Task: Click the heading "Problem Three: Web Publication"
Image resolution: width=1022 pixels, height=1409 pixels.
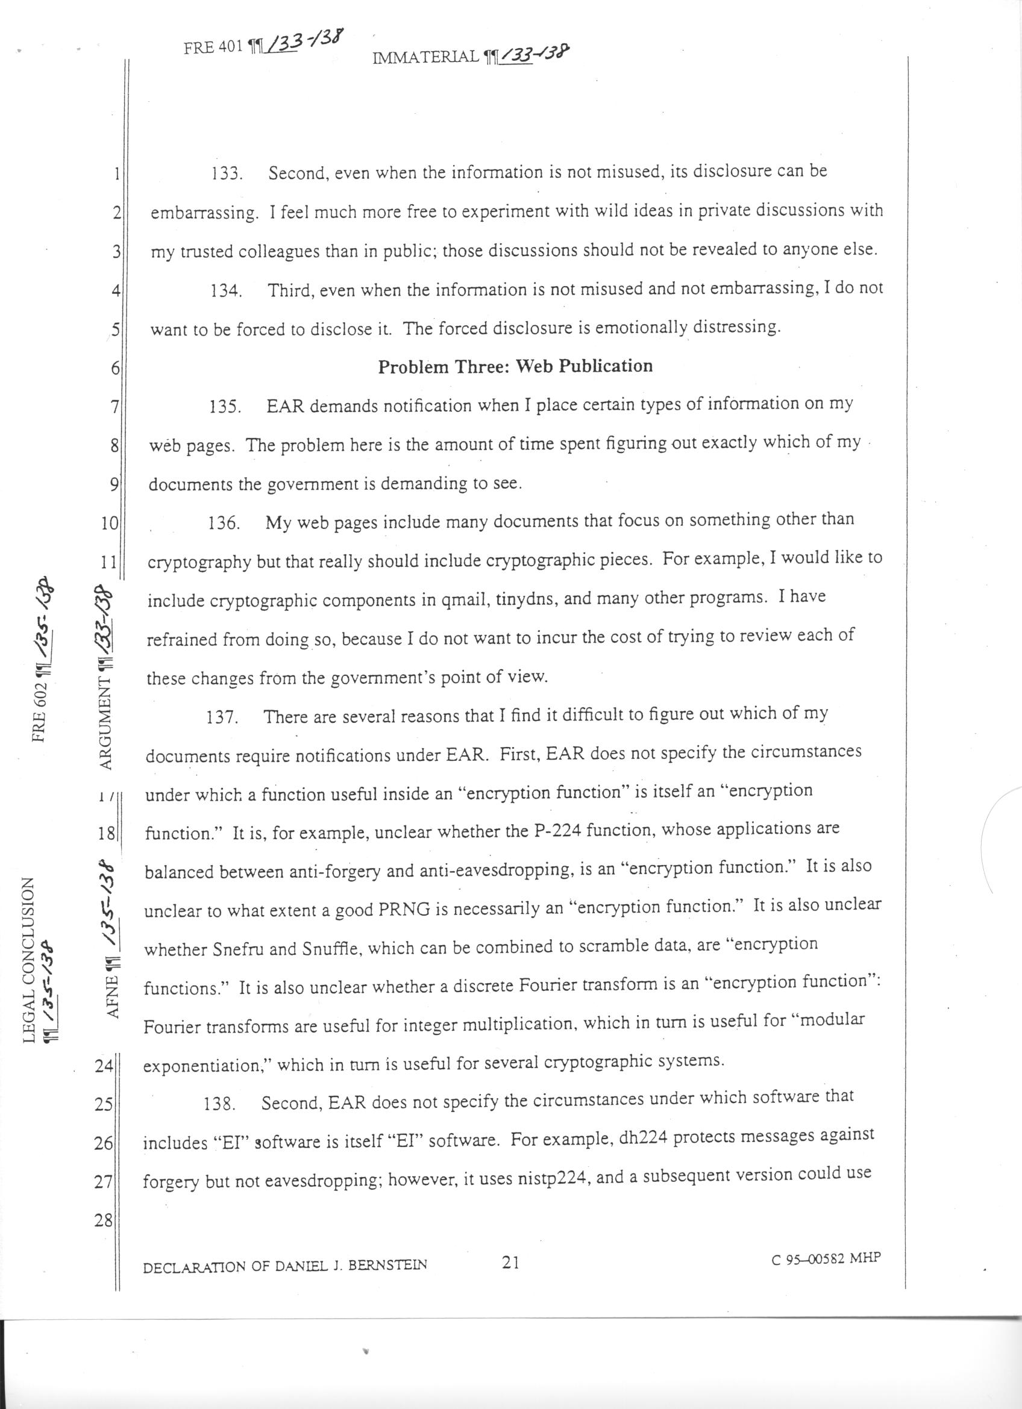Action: [x=515, y=366]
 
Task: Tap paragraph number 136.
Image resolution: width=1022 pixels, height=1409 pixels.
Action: [x=224, y=523]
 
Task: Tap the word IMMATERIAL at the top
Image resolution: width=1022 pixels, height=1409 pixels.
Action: [x=426, y=58]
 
